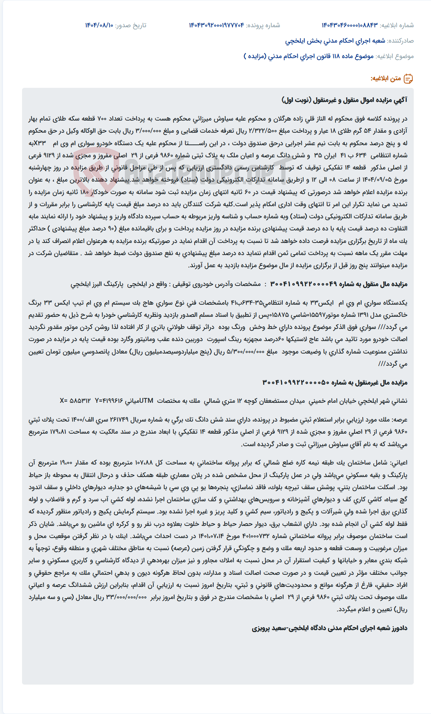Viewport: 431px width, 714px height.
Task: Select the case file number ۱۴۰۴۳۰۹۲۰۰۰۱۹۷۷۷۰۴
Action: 216,25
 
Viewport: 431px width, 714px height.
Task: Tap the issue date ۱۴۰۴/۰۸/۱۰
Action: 99,25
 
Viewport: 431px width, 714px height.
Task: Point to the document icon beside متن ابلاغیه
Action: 408,79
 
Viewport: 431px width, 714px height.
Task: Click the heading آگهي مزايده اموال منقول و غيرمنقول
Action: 344,100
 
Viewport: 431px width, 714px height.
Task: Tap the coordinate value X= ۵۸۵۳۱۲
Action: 75,401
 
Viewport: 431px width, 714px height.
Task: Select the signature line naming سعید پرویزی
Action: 329,628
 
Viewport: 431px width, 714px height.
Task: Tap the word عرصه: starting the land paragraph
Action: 399,420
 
